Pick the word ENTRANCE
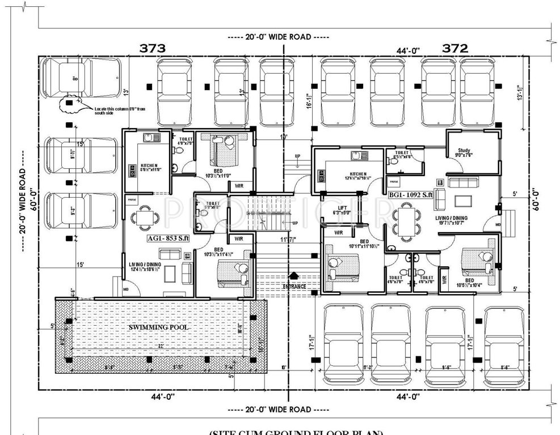[294, 287]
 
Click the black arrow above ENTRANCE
[293, 276]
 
